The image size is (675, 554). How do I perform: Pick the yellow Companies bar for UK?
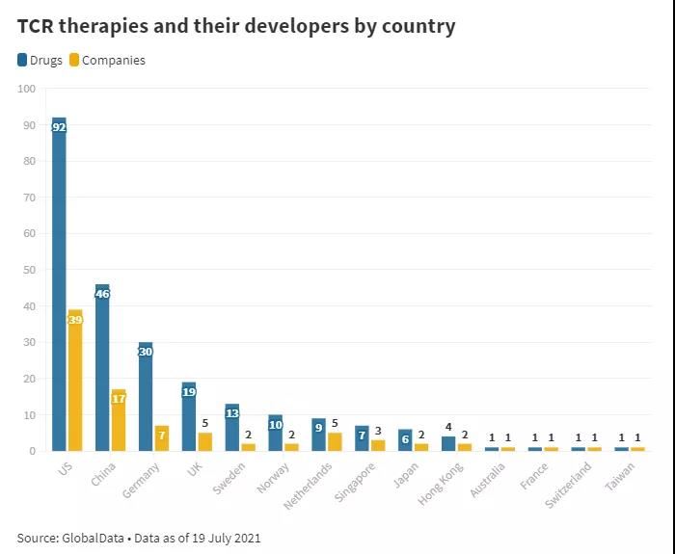point(205,441)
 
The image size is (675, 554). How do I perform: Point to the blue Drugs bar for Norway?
point(275,433)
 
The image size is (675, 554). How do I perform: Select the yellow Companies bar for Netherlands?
point(335,441)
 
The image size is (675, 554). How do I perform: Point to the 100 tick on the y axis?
point(26,89)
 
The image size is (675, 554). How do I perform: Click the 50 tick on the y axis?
point(29,270)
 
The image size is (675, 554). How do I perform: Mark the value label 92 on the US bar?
point(59,126)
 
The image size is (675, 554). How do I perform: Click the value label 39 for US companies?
point(75,319)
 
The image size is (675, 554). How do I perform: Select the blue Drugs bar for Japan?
point(405,440)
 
